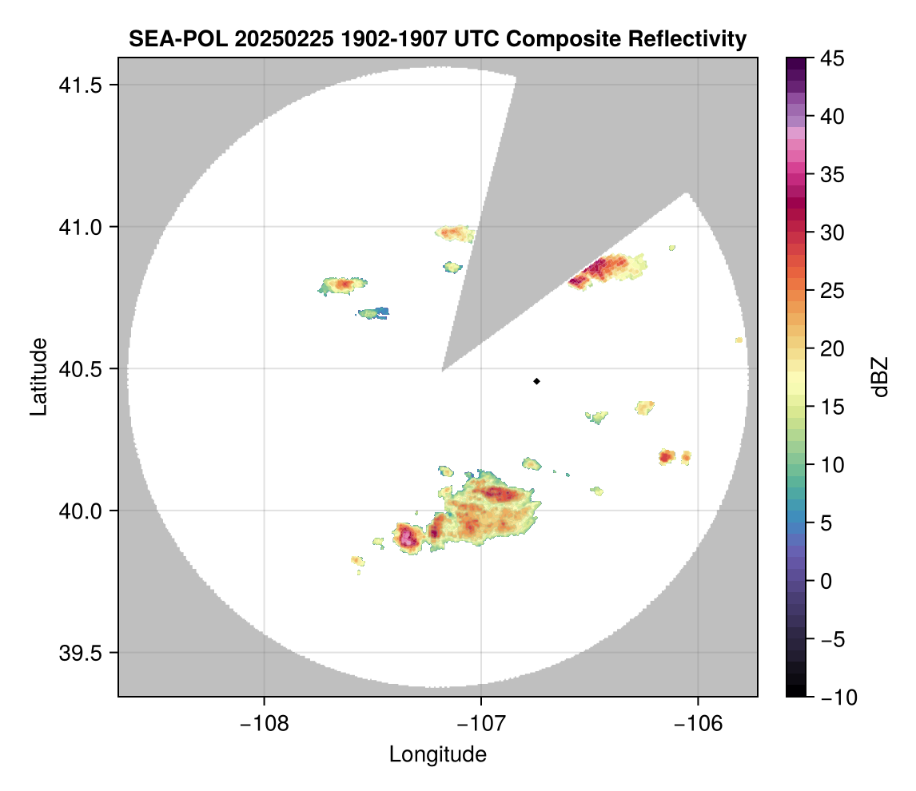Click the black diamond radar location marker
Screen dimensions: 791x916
536,381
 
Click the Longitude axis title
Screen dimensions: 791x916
437,753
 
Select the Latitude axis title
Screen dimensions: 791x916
38,376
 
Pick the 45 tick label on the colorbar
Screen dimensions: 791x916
832,58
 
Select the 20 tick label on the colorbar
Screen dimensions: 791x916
832,349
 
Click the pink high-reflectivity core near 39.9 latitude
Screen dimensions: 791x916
408,537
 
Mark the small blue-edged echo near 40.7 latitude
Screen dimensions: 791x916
375,312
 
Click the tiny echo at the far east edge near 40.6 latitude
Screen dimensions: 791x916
739,340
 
